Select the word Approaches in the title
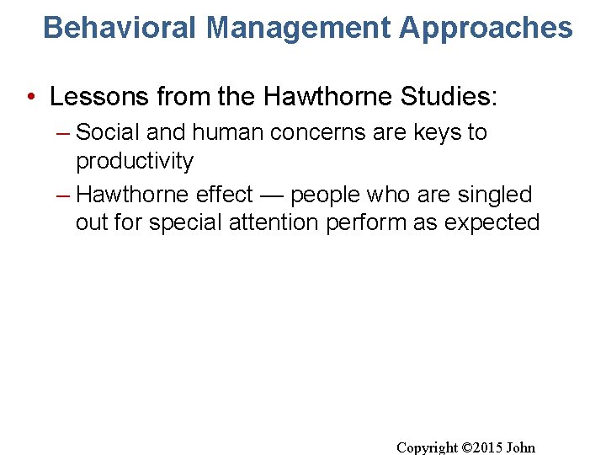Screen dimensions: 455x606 click(x=486, y=28)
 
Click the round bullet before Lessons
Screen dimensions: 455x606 click(x=30, y=98)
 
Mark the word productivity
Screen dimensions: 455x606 click(x=135, y=161)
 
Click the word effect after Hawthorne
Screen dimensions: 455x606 click(x=224, y=195)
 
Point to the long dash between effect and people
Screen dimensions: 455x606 click(x=272, y=195)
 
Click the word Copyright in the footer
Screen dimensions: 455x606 click(x=428, y=447)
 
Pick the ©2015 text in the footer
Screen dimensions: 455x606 click(x=483, y=447)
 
